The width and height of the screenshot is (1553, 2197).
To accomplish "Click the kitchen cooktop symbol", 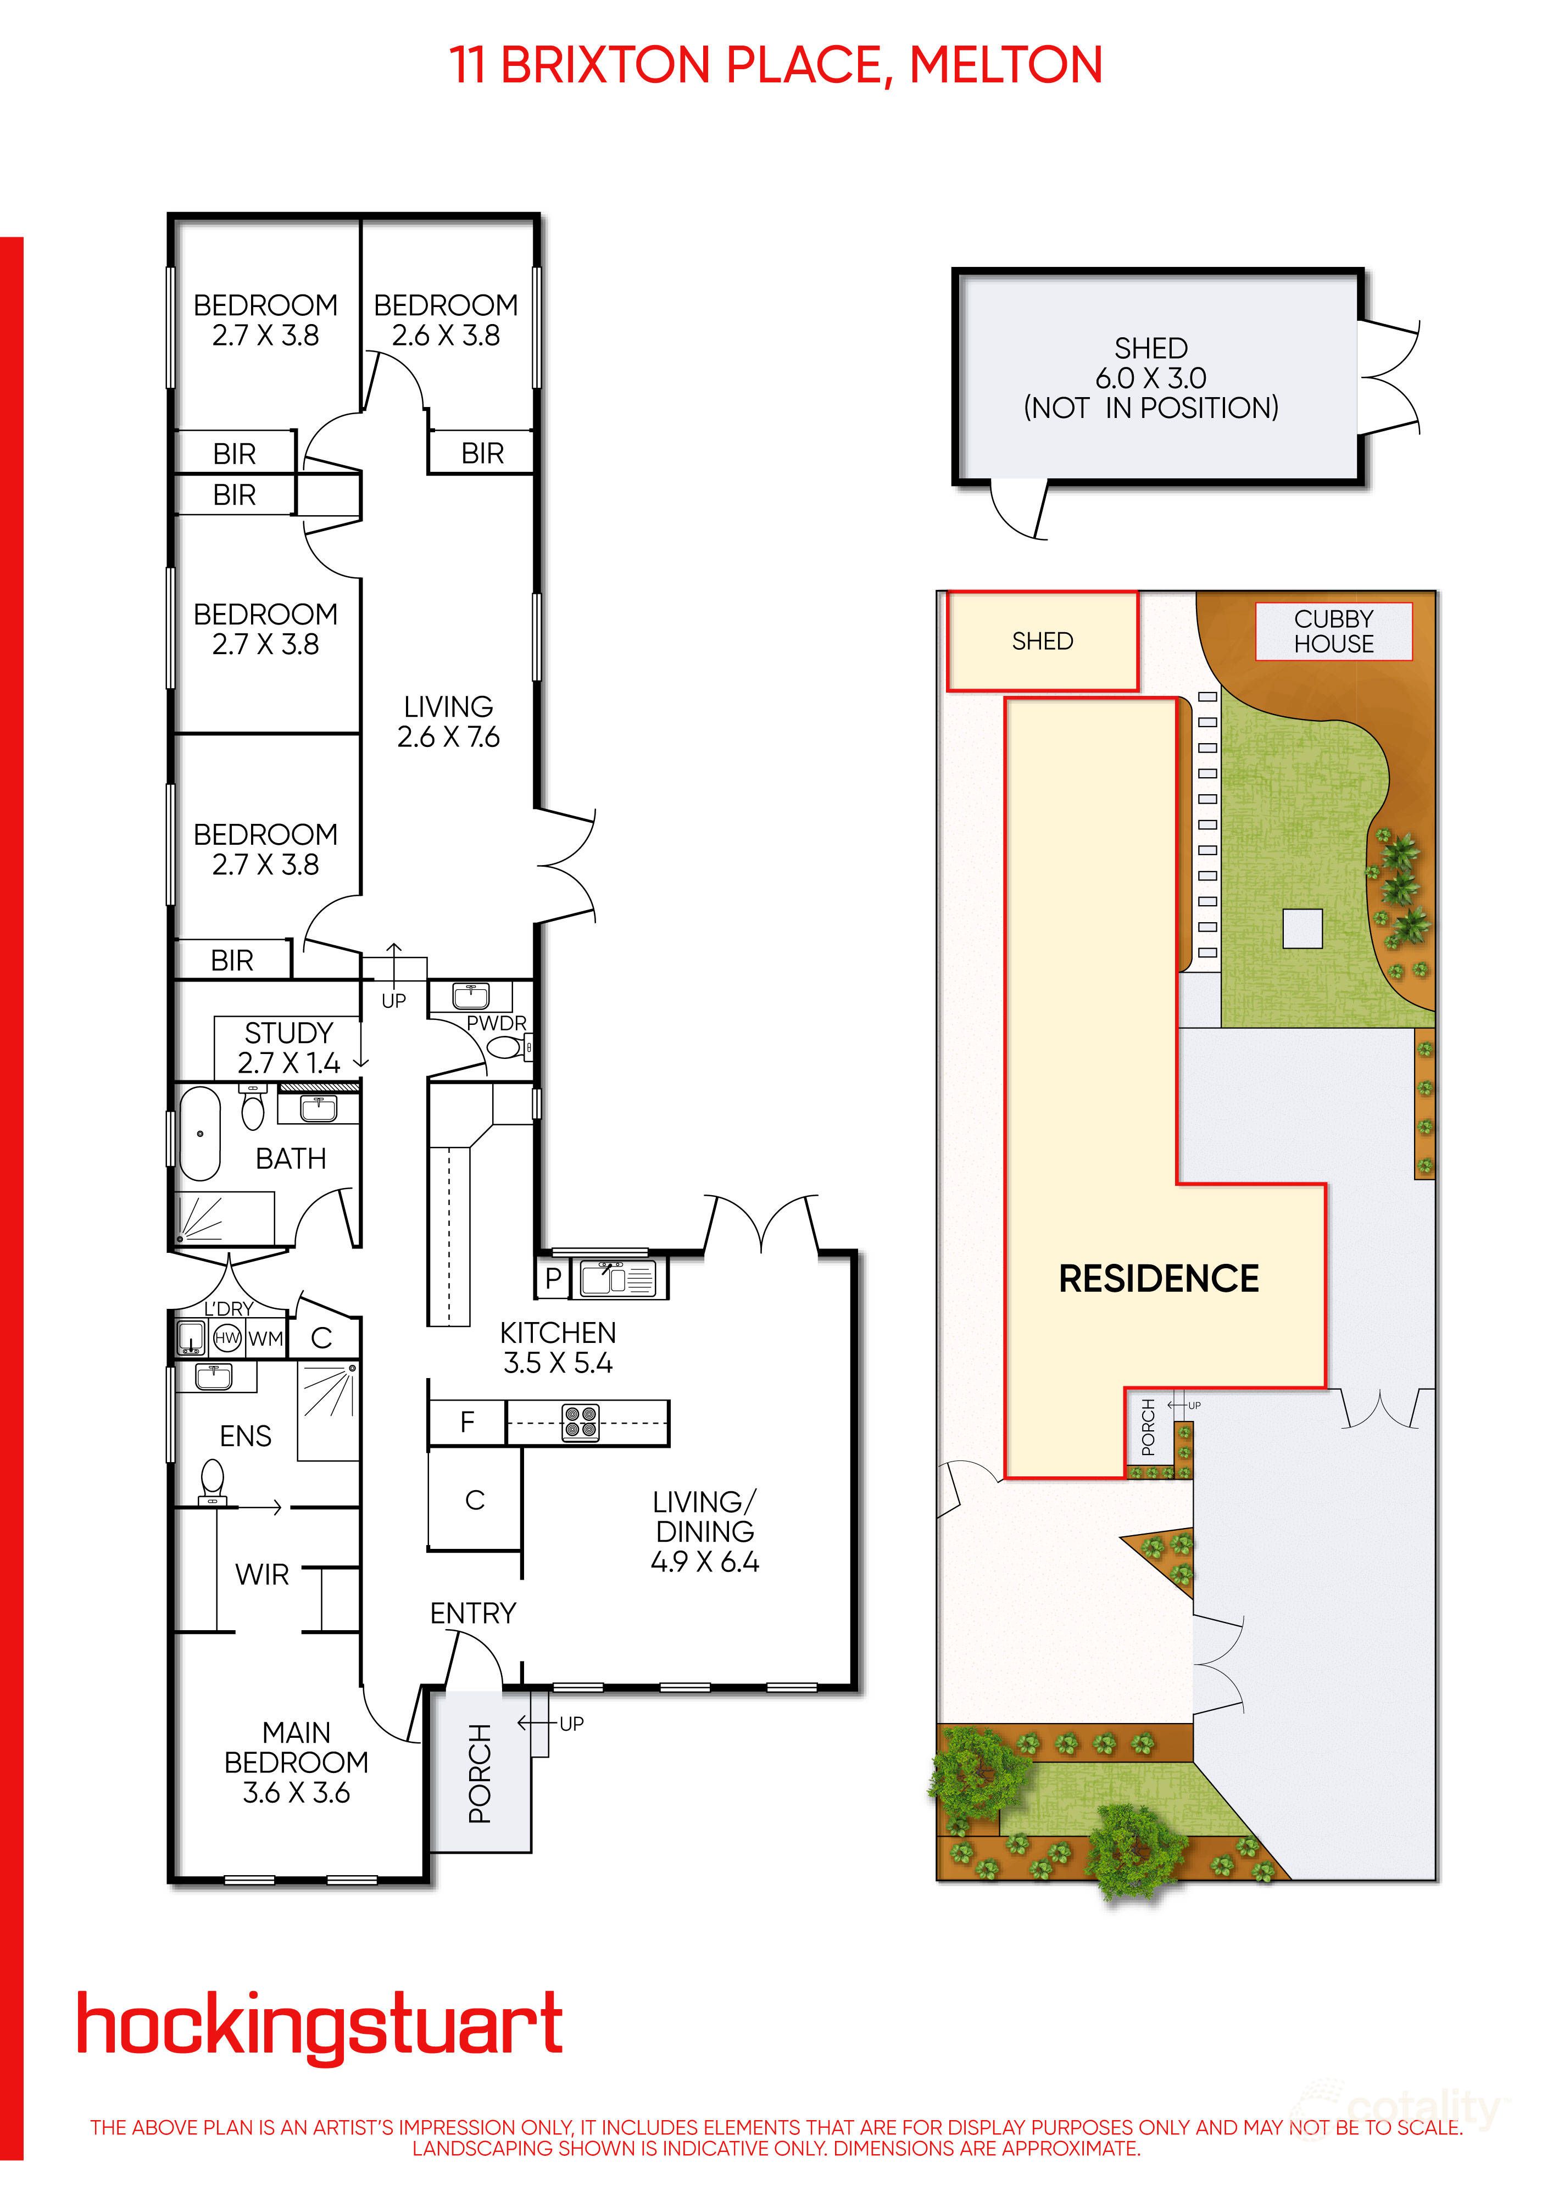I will [x=580, y=1423].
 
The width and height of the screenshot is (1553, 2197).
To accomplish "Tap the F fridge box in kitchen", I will [x=467, y=1423].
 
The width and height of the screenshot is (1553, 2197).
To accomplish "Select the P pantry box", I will [x=553, y=1279].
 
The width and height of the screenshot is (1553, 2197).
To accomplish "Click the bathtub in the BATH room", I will [x=200, y=1134].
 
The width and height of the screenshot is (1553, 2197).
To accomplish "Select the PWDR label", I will [x=496, y=1023].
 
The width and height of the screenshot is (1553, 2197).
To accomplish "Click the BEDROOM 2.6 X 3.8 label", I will [x=446, y=320].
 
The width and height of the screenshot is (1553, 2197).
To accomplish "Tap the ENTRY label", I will [x=472, y=1613].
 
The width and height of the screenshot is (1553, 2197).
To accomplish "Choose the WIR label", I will [x=261, y=1574].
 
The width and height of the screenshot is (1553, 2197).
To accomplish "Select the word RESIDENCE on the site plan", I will [x=1158, y=1279].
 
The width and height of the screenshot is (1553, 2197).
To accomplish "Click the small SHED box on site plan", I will [x=1042, y=641].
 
